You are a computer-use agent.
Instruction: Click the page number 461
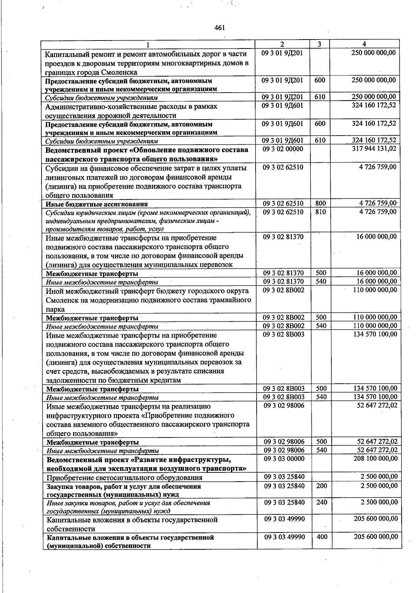coord(219,28)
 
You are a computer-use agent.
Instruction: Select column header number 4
coord(364,44)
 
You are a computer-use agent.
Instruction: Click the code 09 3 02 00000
coord(283,149)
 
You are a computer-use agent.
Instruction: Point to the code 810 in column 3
coord(320,212)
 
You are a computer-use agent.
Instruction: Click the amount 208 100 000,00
coord(375,458)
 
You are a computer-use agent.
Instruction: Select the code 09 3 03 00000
coord(284,458)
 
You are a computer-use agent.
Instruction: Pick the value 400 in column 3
coord(322,536)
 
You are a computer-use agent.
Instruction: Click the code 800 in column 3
coord(320,203)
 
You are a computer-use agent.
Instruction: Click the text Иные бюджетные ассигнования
coord(97,204)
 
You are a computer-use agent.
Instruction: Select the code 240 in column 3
coord(322,502)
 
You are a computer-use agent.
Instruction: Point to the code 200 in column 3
coord(322,486)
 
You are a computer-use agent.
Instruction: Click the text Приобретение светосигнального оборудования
coord(125,478)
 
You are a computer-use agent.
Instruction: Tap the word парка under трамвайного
coord(55,309)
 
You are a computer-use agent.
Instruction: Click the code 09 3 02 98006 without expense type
coord(284,405)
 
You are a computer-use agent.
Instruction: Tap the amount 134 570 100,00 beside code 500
coord(375,388)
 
